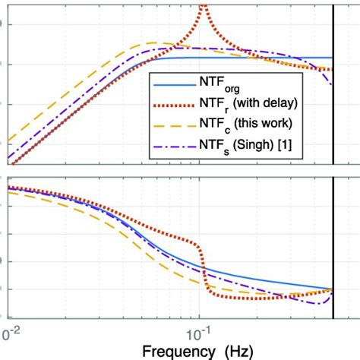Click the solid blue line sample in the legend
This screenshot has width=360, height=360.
pos(171,82)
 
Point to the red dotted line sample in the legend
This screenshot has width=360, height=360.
pos(171,103)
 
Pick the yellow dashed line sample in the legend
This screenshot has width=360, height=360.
pos(171,125)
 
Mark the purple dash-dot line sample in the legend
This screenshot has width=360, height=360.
pos(171,146)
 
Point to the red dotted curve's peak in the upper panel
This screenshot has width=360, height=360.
pos(203,9)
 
